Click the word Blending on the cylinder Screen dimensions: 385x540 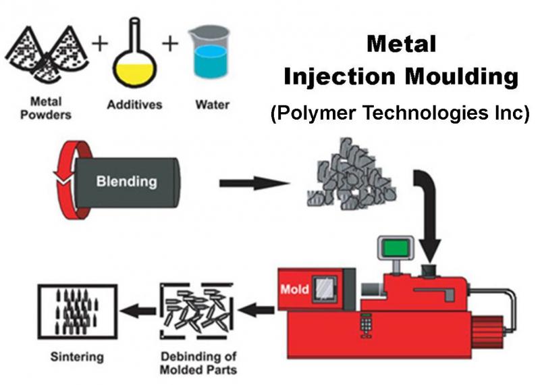click(126, 181)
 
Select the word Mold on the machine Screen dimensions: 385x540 click(295, 290)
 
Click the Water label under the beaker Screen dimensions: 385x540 click(212, 105)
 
